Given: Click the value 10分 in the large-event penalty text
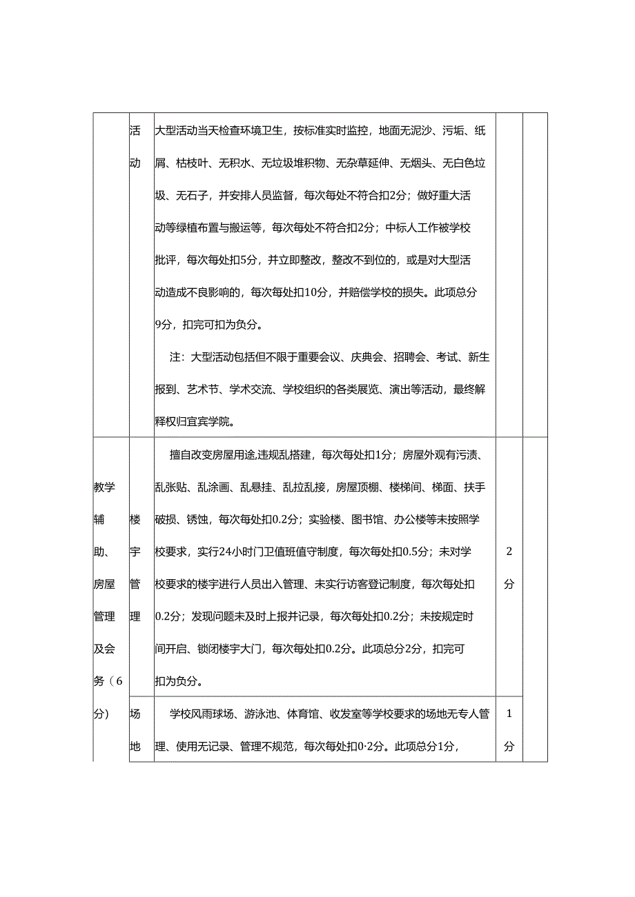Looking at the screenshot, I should pos(315,292).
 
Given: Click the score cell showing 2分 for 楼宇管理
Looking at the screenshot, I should pos(509,567).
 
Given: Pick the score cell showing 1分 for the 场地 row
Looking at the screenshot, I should pos(509,729).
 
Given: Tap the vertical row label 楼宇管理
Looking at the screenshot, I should pos(135,567).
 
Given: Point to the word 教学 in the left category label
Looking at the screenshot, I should pos(104,487).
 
